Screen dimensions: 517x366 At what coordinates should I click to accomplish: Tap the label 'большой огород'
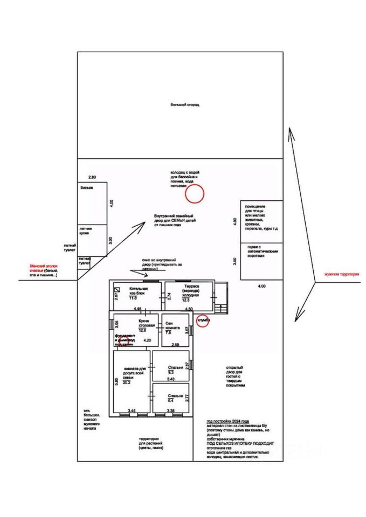coord(185,104)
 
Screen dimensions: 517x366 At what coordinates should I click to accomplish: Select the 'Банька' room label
coord(86,188)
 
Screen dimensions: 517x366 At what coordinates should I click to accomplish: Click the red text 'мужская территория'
coord(341,274)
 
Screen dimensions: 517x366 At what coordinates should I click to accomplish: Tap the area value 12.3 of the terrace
coord(185,300)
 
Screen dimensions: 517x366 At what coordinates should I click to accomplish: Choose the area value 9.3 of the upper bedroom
coord(171,372)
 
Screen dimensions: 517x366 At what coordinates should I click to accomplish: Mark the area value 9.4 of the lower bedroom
coord(171,401)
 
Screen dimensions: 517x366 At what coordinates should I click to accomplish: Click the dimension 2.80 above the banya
coord(92,177)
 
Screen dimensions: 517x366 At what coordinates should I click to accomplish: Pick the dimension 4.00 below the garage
coord(261,286)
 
